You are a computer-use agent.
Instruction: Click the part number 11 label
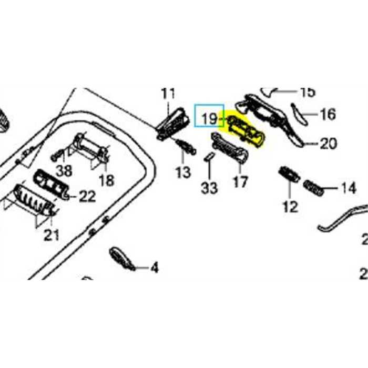click(x=168, y=95)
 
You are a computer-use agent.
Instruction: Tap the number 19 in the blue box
click(x=209, y=118)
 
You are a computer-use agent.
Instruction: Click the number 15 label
click(x=307, y=93)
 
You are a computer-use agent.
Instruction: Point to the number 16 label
click(x=328, y=114)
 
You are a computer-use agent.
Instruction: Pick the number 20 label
click(x=328, y=143)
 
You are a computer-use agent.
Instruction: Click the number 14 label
click(x=348, y=188)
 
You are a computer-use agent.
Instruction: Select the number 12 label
click(x=290, y=207)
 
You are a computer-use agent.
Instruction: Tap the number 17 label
click(x=240, y=182)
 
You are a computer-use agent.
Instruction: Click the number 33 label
click(x=209, y=188)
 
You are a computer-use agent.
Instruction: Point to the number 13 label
click(x=183, y=172)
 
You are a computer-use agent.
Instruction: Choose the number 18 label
click(x=106, y=180)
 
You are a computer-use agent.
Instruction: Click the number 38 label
click(x=65, y=170)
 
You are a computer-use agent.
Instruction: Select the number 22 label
click(x=87, y=197)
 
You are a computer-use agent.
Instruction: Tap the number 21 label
click(x=51, y=235)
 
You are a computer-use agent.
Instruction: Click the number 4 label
click(x=154, y=268)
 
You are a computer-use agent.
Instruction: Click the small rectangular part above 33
click(x=209, y=156)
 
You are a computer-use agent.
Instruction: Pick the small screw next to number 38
click(x=58, y=155)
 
